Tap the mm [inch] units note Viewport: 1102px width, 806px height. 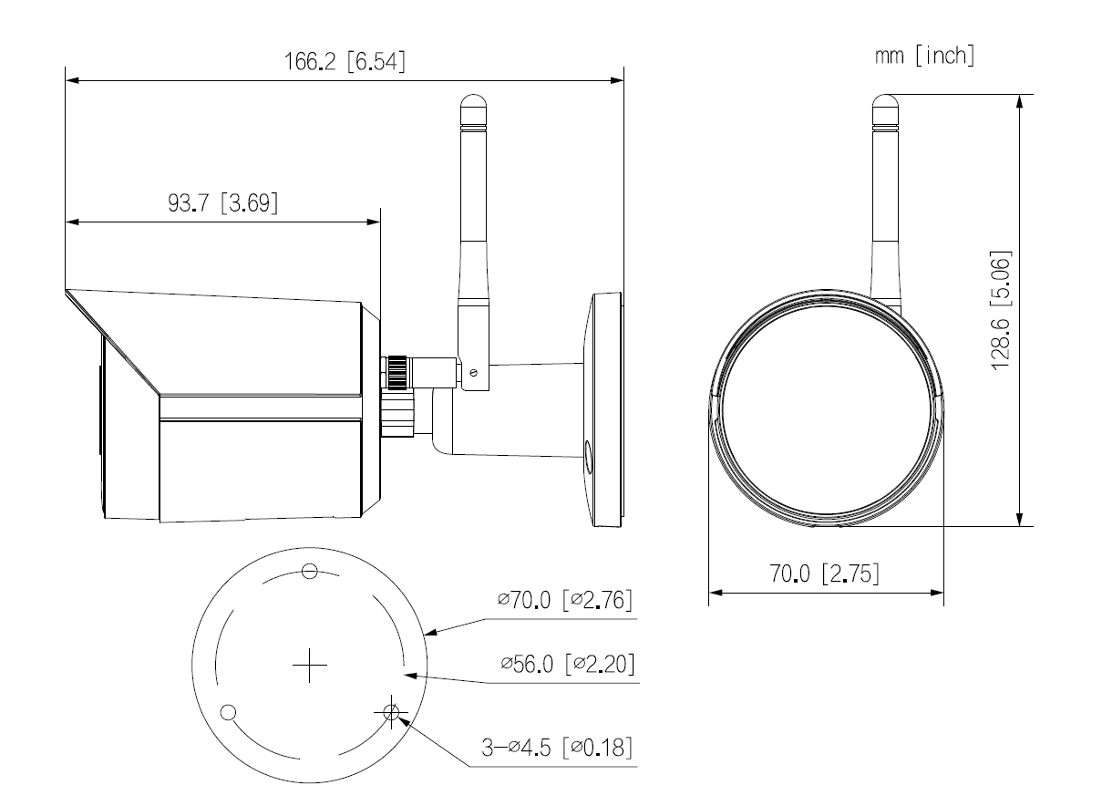click(922, 57)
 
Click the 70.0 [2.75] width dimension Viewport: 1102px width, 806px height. click(825, 574)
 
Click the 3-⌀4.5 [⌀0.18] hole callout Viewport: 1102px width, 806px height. click(558, 748)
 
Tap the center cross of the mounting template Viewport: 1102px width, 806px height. click(310, 666)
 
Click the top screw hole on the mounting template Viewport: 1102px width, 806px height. click(310, 573)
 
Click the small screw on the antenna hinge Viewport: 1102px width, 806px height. click(471, 371)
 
